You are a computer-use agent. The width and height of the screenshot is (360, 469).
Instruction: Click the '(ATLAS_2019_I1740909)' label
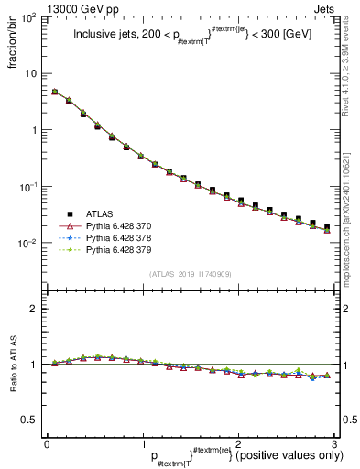pos(189,274)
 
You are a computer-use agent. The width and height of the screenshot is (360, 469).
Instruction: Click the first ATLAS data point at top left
pos(55,93)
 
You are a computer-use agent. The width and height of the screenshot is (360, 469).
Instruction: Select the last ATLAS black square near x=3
pos(327,226)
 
